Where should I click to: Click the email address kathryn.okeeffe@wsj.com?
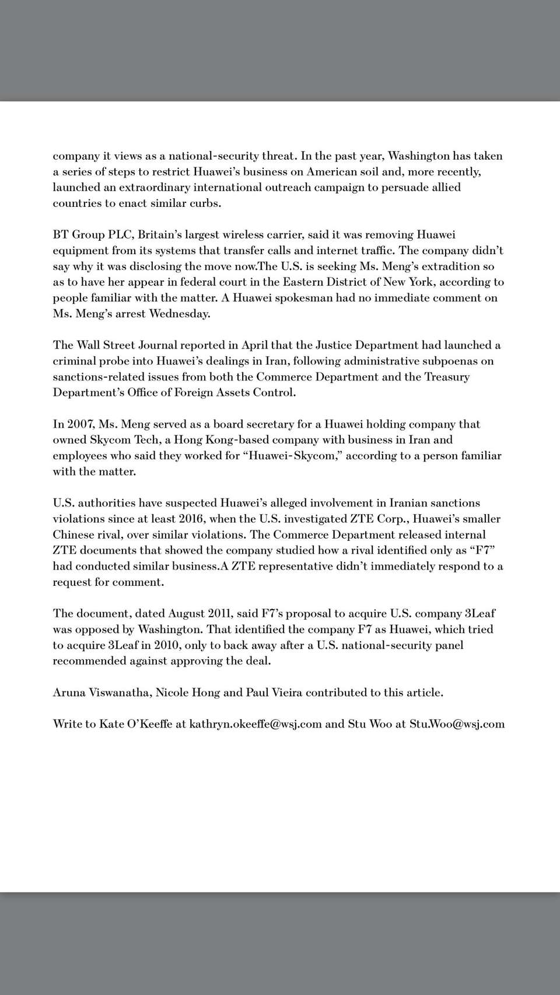(x=256, y=724)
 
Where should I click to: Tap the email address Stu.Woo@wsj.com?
(x=457, y=724)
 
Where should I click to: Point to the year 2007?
(x=80, y=424)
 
